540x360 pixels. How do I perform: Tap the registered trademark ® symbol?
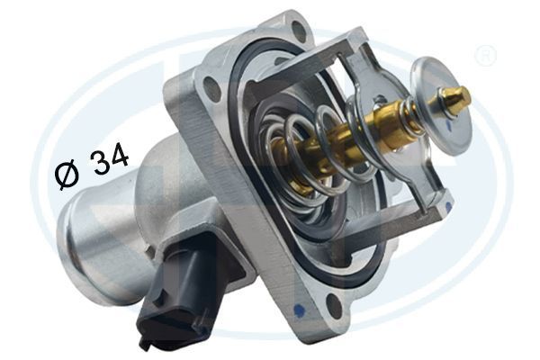click(x=485, y=55)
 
